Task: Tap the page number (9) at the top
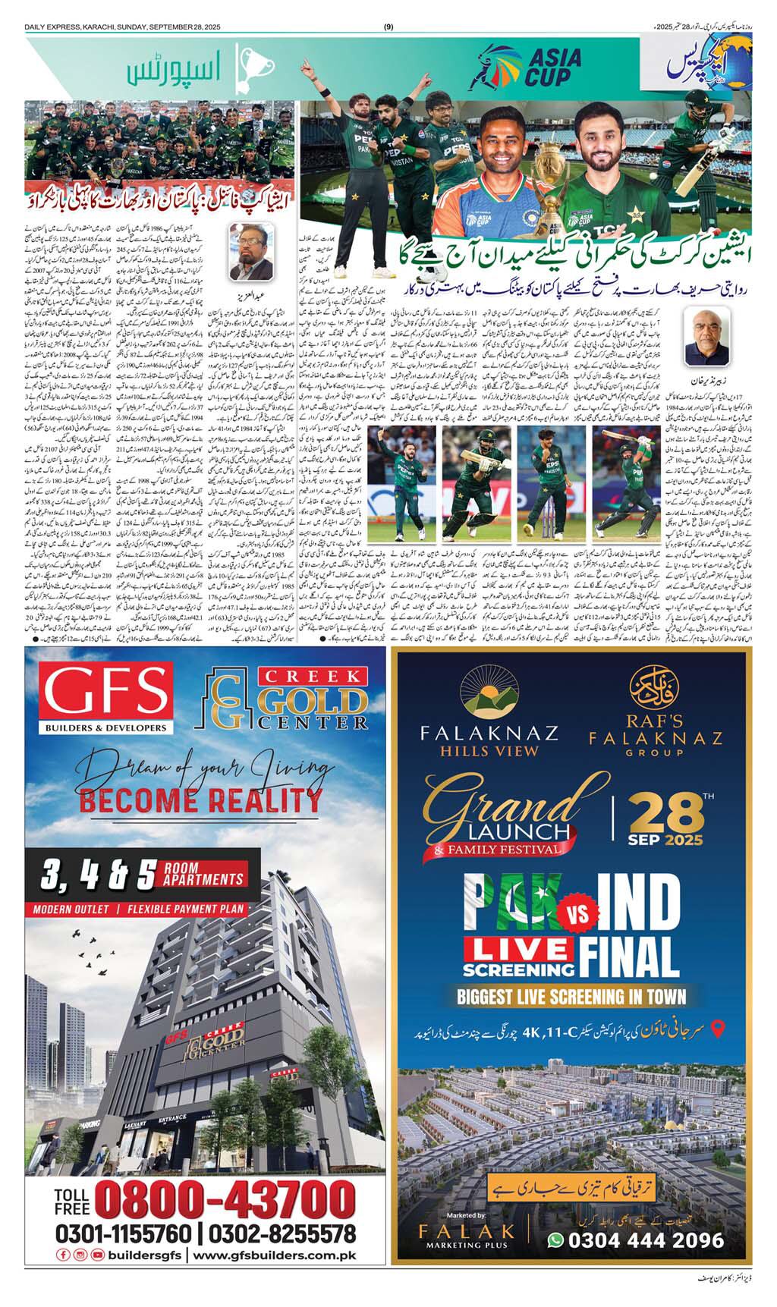click(x=388, y=27)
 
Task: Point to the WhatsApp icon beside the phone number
click(x=556, y=1239)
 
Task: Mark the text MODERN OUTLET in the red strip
click(x=72, y=908)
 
